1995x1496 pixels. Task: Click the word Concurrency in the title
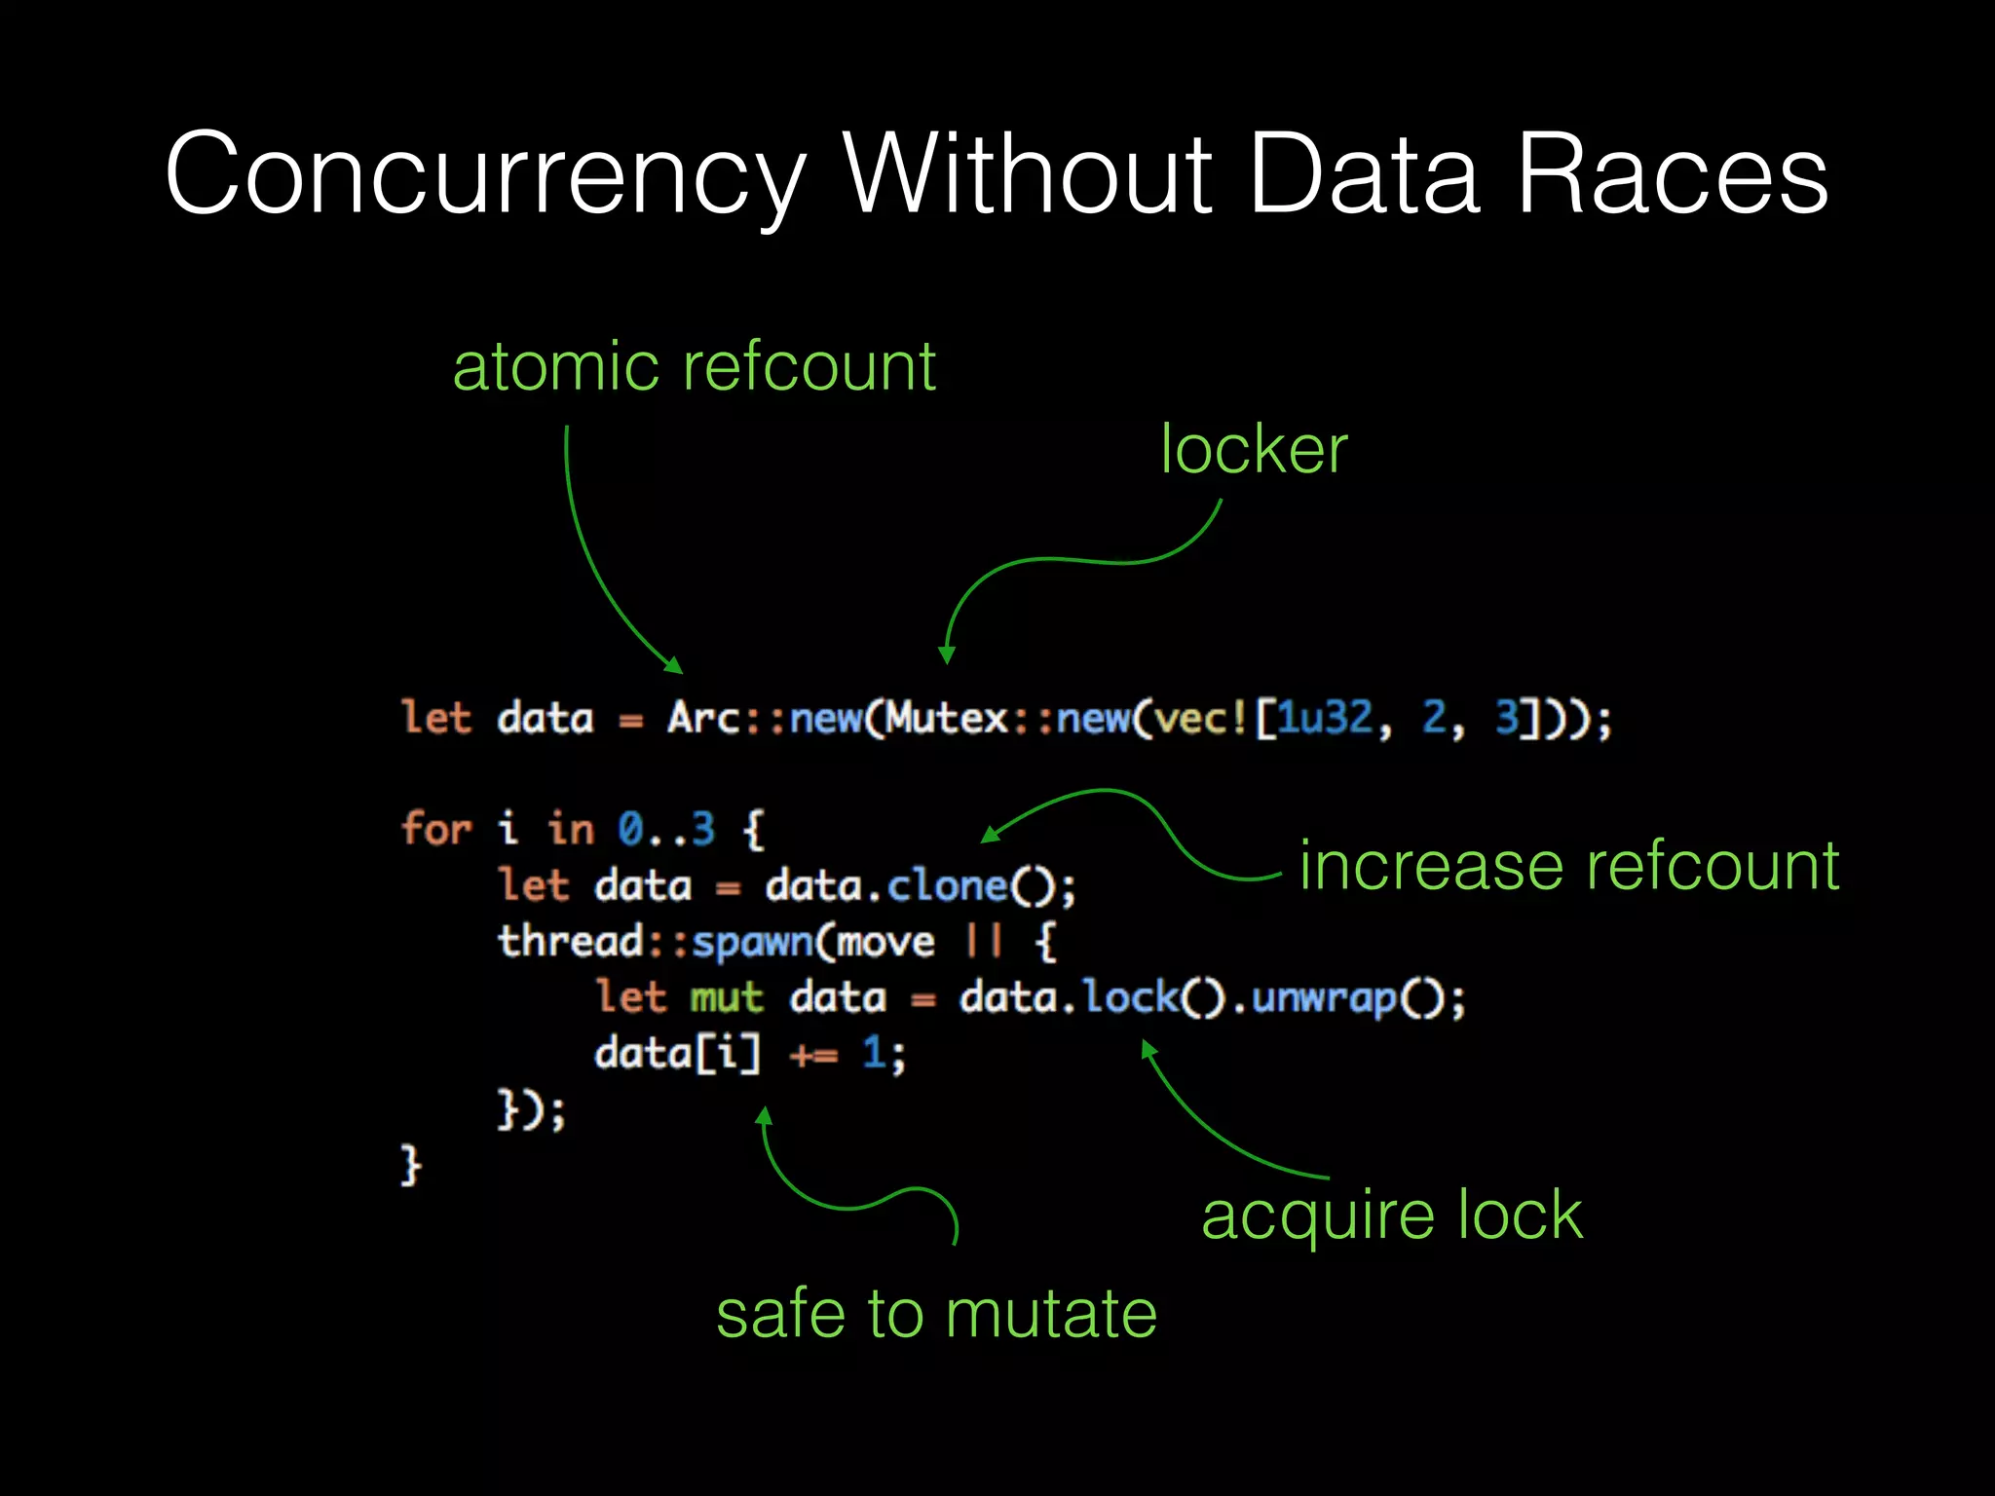pyautogui.click(x=484, y=175)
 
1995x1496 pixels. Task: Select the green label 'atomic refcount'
pyautogui.click(x=694, y=367)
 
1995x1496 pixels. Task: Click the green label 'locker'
pyautogui.click(x=1254, y=450)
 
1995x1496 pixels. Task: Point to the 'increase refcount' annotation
pyautogui.click(x=1568, y=866)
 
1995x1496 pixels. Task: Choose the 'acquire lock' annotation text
pyautogui.click(x=1391, y=1215)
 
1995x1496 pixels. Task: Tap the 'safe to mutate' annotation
pyautogui.click(x=936, y=1314)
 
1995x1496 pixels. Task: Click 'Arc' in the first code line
pyautogui.click(x=703, y=719)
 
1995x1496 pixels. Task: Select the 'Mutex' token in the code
pyautogui.click(x=947, y=719)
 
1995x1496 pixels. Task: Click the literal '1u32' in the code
pyautogui.click(x=1324, y=719)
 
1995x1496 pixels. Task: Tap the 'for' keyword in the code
pyautogui.click(x=435, y=830)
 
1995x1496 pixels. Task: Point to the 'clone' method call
pyautogui.click(x=946, y=886)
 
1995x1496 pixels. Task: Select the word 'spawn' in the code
pyautogui.click(x=752, y=942)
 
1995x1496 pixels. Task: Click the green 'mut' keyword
pyautogui.click(x=727, y=998)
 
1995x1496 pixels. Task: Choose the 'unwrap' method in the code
pyautogui.click(x=1324, y=998)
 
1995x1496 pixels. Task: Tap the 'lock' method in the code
pyautogui.click(x=1130, y=998)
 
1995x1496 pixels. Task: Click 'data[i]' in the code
pyautogui.click(x=677, y=1054)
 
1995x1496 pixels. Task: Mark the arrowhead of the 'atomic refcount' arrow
pyautogui.click(x=675, y=666)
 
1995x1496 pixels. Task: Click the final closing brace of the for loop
pyautogui.click(x=411, y=1165)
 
